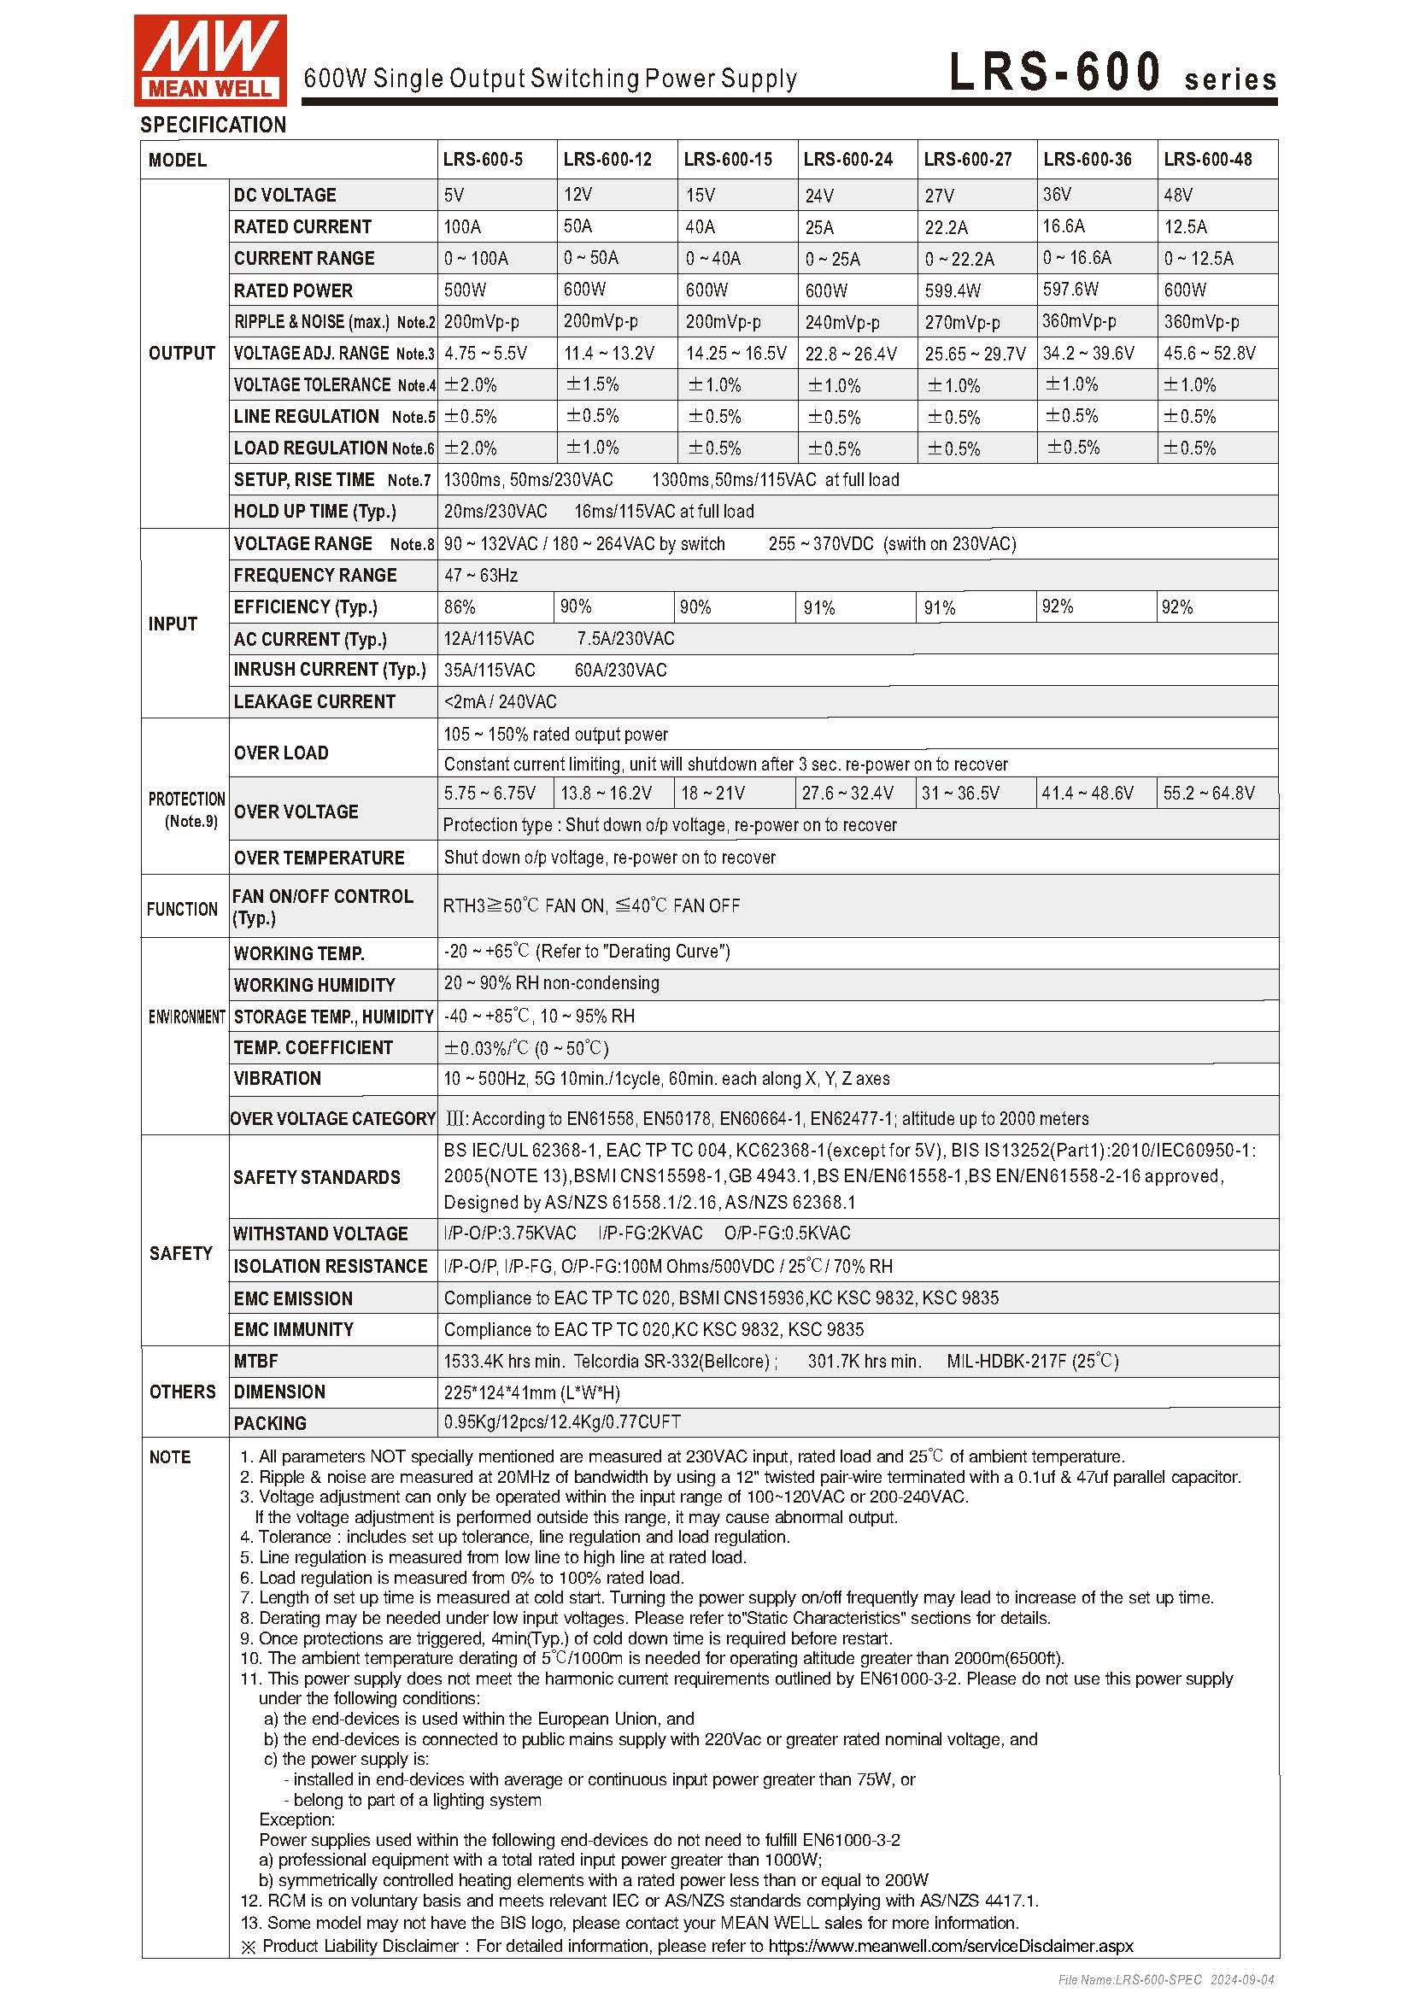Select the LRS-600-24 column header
click(847, 160)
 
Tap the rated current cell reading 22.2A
click(946, 227)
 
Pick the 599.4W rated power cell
click(952, 290)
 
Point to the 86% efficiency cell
click(460, 606)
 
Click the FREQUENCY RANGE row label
click(314, 575)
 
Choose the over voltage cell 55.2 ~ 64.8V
click(1208, 793)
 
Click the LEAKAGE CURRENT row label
click(314, 701)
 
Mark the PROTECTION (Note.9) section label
click(185, 809)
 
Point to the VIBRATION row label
click(277, 1078)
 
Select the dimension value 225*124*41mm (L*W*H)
click(531, 1392)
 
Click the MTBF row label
click(255, 1361)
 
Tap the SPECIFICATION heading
click(214, 126)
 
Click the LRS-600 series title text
click(1112, 73)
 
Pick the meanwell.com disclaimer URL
click(950, 1946)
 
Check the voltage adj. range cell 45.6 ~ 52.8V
click(1209, 354)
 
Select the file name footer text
click(1165, 1980)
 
